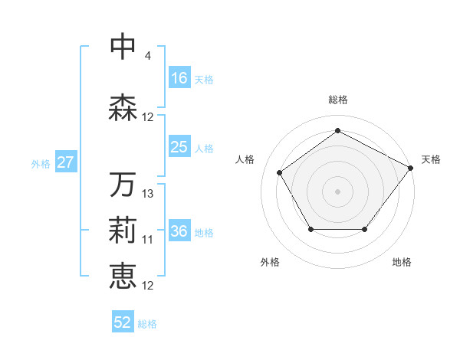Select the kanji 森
pyautogui.click(x=123, y=108)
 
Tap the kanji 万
pyautogui.click(x=123, y=185)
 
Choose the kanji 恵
pyautogui.click(x=123, y=277)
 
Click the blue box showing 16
pyautogui.click(x=179, y=78)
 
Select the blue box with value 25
pyautogui.click(x=179, y=147)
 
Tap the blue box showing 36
pyautogui.click(x=179, y=231)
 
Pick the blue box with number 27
pyautogui.click(x=66, y=162)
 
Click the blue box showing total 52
pyautogui.click(x=123, y=322)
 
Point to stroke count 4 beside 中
pyautogui.click(x=147, y=57)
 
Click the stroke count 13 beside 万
pyautogui.click(x=148, y=194)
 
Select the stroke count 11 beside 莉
pyautogui.click(x=148, y=240)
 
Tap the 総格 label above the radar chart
pyautogui.click(x=337, y=100)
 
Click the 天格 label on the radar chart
pyautogui.click(x=431, y=159)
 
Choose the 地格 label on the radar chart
pyautogui.click(x=402, y=262)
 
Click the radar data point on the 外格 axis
pyautogui.click(x=310, y=229)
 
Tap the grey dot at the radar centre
pyautogui.click(x=337, y=191)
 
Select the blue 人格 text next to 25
pyautogui.click(x=204, y=148)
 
